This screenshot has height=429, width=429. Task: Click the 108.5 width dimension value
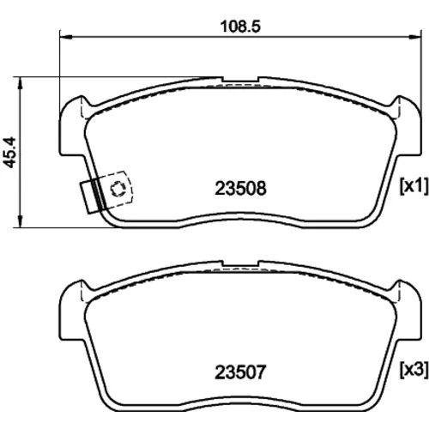click(240, 27)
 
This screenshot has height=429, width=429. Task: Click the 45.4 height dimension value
click(9, 153)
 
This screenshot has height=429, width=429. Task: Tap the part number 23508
click(240, 189)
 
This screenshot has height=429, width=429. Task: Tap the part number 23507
click(240, 372)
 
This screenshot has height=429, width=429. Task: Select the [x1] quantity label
click(414, 186)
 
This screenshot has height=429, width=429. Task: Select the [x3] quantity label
click(414, 370)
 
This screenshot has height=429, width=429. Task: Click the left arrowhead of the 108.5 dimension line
click(65, 37)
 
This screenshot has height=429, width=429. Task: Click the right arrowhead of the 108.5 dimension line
click(415, 37)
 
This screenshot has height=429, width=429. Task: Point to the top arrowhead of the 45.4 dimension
click(20, 83)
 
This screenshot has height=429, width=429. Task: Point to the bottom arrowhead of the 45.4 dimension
click(20, 221)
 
